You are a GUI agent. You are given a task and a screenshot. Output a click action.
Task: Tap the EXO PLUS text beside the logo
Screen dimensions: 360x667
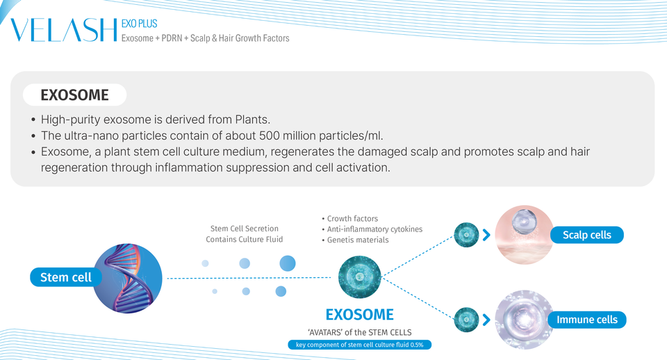(x=139, y=24)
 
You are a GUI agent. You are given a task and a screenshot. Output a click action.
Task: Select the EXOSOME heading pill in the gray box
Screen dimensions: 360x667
(x=75, y=95)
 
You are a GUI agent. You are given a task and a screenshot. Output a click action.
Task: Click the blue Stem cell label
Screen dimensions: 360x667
(x=66, y=277)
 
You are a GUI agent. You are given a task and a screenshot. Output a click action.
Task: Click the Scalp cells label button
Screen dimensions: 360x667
(x=587, y=235)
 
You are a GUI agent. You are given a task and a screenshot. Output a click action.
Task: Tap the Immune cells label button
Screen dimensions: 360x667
(x=587, y=320)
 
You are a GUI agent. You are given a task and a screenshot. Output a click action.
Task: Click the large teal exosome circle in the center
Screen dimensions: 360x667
(x=359, y=277)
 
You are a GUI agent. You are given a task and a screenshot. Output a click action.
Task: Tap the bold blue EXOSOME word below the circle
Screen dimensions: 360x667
(x=359, y=315)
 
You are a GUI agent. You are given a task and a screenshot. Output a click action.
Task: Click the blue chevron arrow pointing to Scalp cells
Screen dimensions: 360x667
(x=486, y=235)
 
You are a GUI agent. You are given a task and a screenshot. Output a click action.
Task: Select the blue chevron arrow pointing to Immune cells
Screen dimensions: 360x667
(x=486, y=320)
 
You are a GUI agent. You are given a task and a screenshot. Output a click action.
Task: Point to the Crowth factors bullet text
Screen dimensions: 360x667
(x=352, y=219)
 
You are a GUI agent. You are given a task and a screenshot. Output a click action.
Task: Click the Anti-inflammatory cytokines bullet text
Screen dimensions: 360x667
(x=374, y=229)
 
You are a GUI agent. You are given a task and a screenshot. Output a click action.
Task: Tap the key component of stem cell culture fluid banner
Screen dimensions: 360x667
(x=359, y=345)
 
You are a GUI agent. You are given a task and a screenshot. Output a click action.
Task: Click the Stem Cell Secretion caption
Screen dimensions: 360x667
(x=244, y=229)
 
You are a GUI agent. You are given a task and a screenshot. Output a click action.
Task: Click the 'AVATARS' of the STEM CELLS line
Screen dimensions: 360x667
(x=359, y=332)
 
